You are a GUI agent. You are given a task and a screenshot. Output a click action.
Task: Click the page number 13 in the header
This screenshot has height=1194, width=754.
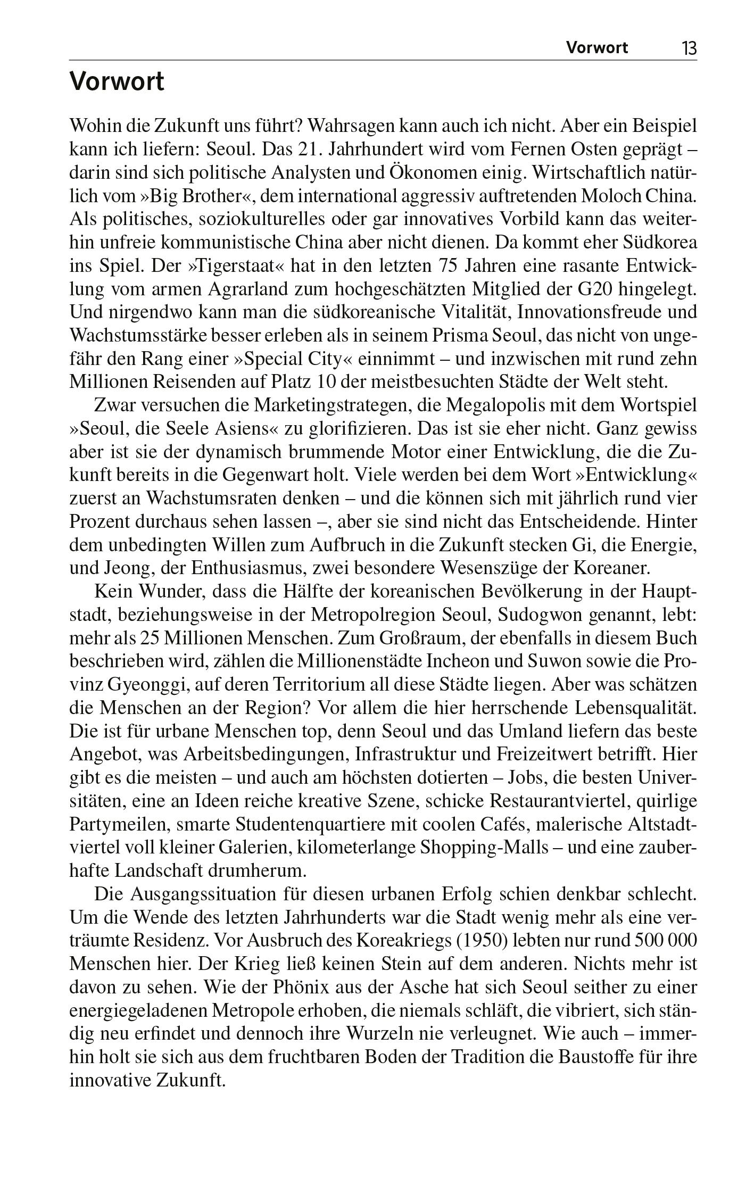click(x=689, y=48)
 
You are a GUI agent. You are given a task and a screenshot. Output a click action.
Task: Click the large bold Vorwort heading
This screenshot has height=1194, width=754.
click(x=117, y=82)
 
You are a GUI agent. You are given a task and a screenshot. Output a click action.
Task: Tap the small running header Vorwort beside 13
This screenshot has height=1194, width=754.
click(x=596, y=48)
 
